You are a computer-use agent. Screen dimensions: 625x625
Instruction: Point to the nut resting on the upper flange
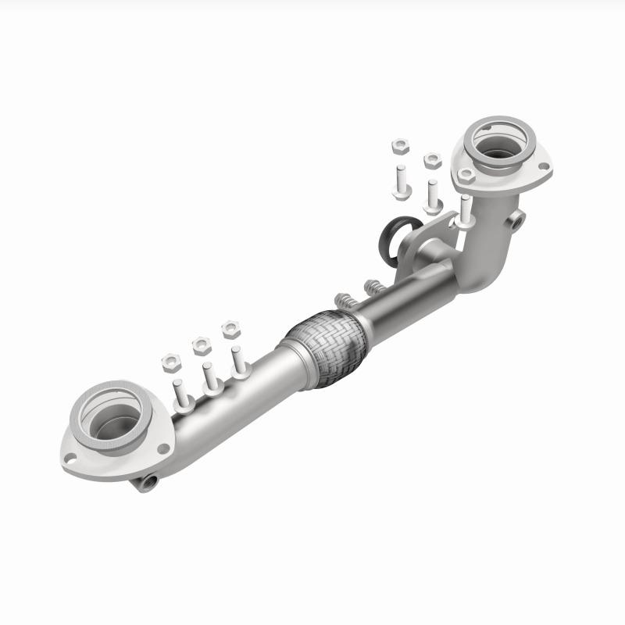[x=466, y=175]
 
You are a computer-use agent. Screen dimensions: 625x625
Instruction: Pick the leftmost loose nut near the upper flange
[x=399, y=146]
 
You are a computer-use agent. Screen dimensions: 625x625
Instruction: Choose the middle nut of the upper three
[x=432, y=160]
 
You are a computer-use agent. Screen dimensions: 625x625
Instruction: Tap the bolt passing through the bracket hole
[x=464, y=211]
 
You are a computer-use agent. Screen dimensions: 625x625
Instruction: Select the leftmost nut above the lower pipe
[x=172, y=361]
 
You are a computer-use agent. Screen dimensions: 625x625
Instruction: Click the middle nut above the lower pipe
[x=201, y=345]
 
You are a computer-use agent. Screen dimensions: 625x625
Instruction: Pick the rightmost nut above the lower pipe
[x=230, y=328]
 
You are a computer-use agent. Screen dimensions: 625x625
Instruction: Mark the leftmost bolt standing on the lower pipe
[x=180, y=395]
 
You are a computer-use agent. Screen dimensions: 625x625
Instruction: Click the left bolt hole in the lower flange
[x=71, y=458]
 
